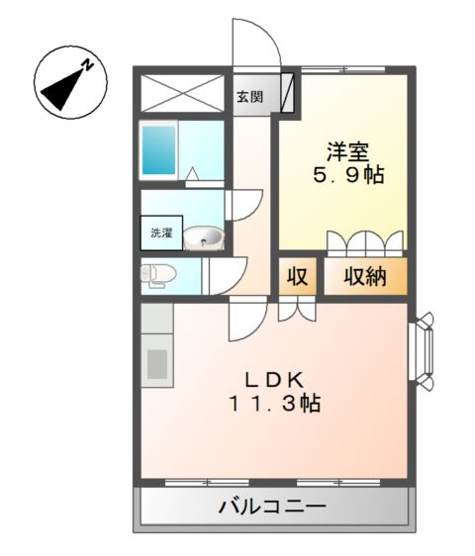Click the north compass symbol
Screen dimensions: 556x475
click(x=66, y=83)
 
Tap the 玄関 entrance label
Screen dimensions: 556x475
click(x=249, y=97)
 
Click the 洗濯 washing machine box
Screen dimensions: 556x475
click(x=159, y=234)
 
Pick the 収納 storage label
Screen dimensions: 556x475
click(x=364, y=278)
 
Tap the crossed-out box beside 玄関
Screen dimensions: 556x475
click(x=186, y=94)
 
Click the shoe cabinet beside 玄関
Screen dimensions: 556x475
click(x=287, y=94)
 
